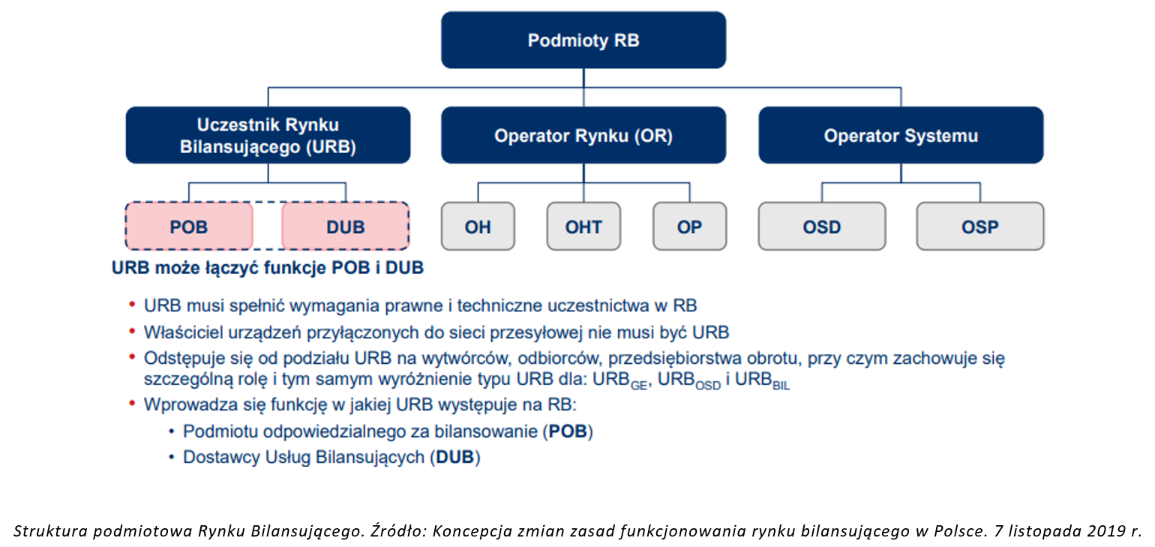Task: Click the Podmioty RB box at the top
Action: coord(583,41)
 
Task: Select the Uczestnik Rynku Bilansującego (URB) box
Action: coord(268,135)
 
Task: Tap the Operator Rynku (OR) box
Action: coord(583,135)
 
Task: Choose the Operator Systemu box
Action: coord(901,135)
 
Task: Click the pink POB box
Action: coord(189,226)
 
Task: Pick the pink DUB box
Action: coord(346,226)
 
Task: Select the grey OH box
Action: coord(478,226)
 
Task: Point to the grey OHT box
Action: coord(583,226)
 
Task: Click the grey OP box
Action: coord(689,226)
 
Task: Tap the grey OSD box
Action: coord(822,226)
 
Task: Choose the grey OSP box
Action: coord(980,226)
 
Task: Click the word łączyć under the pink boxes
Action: coord(232,269)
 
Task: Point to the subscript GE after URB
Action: coord(639,386)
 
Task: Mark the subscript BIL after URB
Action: coord(781,386)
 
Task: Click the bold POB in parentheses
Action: coord(568,431)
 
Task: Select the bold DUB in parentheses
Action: coord(454,457)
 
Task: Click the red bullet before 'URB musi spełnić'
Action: coord(132,305)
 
